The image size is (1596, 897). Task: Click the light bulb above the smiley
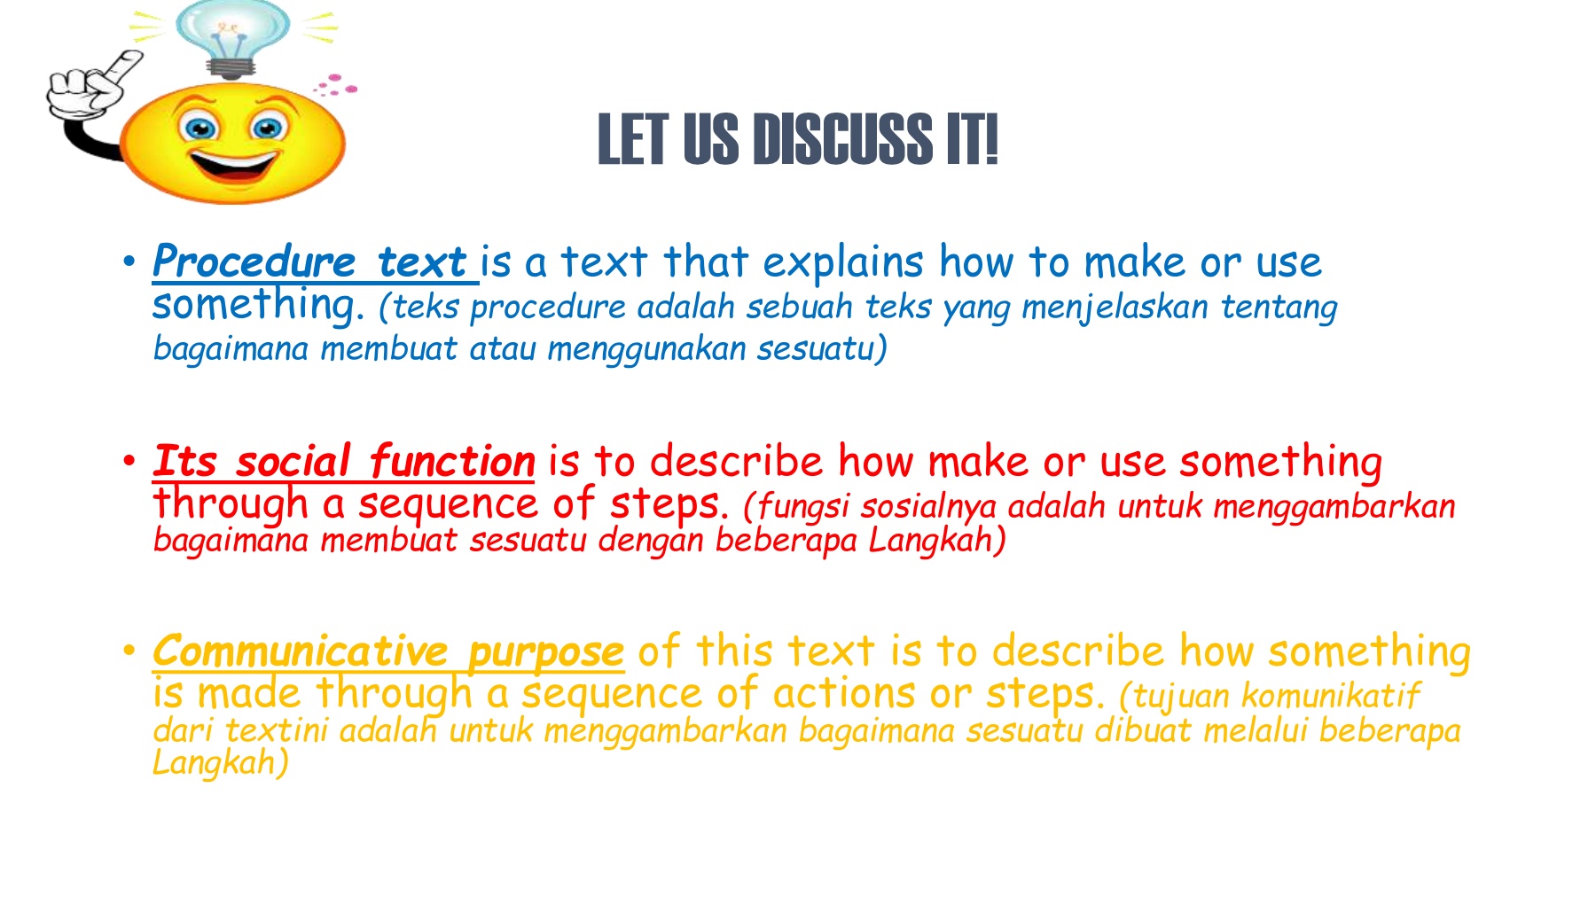coord(232,37)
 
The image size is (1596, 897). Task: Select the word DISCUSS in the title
coord(842,139)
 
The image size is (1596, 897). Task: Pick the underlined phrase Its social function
coord(344,461)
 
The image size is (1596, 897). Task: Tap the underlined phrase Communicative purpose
coord(388,652)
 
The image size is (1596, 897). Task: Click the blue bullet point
coord(129,261)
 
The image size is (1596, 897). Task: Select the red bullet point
coord(129,461)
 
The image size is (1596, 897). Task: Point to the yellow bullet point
coord(129,651)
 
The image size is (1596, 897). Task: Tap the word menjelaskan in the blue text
coord(1115,308)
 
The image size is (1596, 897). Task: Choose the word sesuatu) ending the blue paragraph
coord(822,348)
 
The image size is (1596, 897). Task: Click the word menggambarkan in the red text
coord(1334,507)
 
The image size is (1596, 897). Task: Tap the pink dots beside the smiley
coord(335,86)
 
